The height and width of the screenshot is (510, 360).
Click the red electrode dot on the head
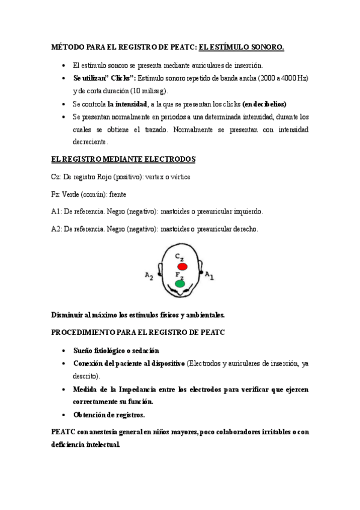pos(182,266)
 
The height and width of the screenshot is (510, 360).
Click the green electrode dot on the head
pos(180,283)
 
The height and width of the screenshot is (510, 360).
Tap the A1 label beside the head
pos(209,274)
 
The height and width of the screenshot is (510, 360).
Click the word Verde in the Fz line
pos(74,194)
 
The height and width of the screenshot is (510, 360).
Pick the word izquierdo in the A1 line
pos(245,212)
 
